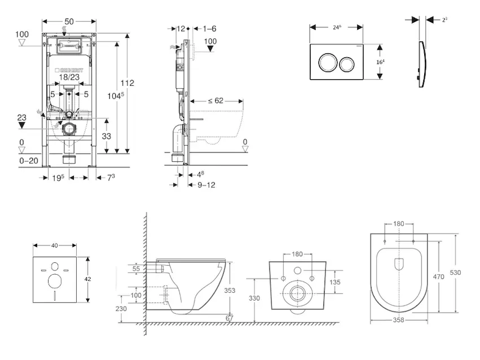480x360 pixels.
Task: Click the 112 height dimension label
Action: point(127,83)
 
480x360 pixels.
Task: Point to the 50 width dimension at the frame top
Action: point(69,22)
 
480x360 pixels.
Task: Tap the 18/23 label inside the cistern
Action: point(69,77)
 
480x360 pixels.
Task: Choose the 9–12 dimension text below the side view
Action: point(206,185)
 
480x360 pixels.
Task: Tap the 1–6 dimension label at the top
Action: point(209,28)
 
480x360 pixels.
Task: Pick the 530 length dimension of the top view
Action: point(457,272)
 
